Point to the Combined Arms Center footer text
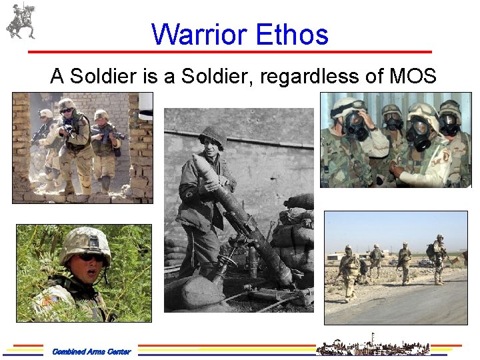91,351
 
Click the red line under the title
230,51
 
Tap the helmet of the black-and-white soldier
213,135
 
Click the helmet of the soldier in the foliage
85,241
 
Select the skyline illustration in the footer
363,345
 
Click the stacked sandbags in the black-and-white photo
293,227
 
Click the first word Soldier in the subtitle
103,77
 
